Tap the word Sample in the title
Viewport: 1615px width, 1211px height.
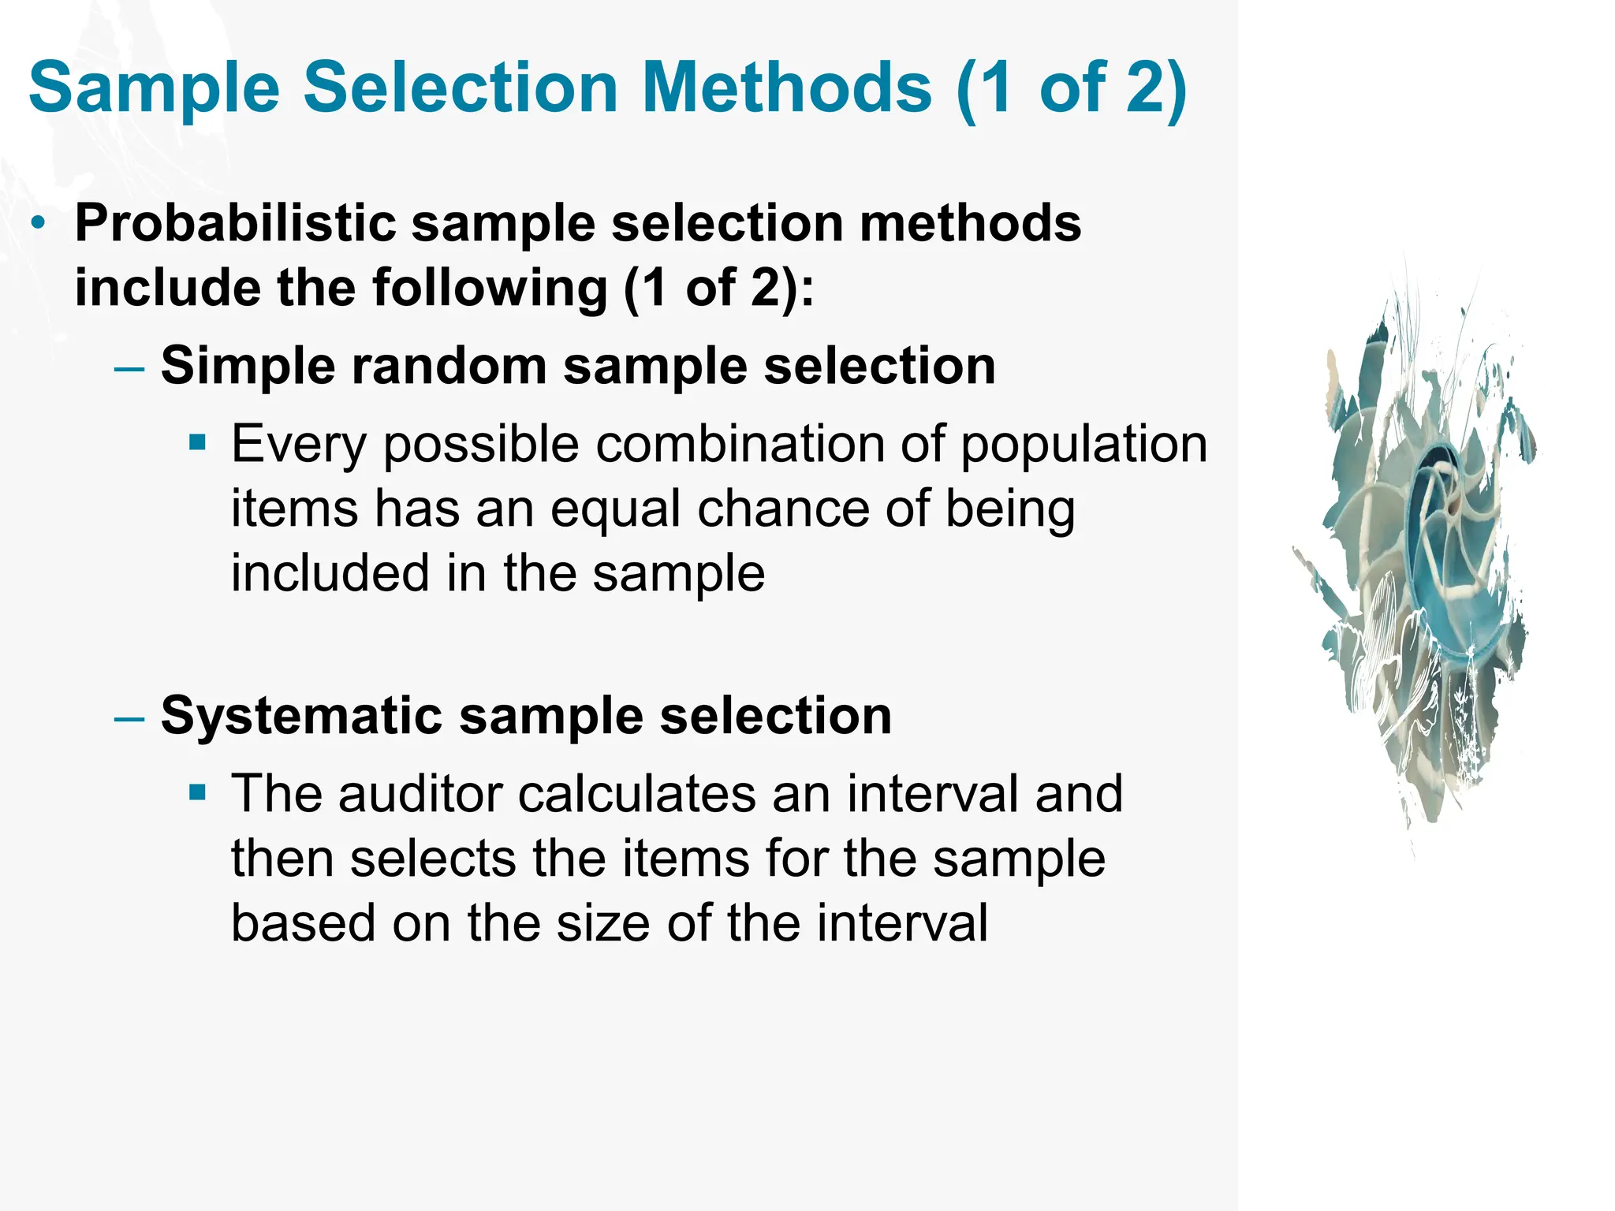155,88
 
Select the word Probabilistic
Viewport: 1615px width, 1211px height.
235,224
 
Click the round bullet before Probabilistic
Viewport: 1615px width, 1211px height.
38,223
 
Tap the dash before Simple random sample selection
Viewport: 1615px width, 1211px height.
129,368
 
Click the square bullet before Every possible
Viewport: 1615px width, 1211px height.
197,442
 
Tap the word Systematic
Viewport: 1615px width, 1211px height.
301,716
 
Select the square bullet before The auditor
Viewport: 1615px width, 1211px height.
197,792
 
